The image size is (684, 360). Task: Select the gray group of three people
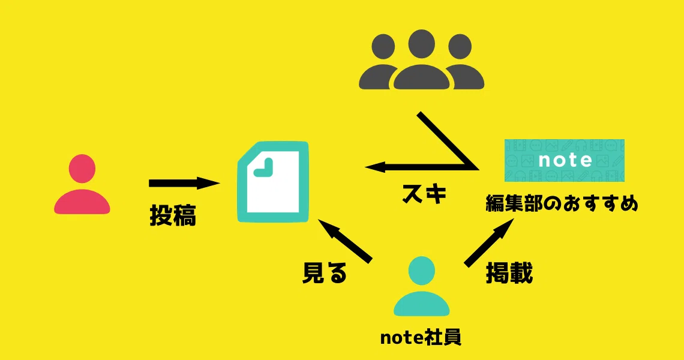pyautogui.click(x=421, y=60)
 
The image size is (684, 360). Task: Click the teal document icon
pyautogui.click(x=273, y=182)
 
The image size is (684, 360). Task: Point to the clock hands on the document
pyautogui.click(x=263, y=168)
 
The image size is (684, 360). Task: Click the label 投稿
pyautogui.click(x=173, y=215)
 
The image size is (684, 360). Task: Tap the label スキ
pyautogui.click(x=424, y=194)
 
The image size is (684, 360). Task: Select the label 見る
pyautogui.click(x=325, y=273)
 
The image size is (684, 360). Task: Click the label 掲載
pyautogui.click(x=509, y=273)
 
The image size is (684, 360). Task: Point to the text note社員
pyautogui.click(x=421, y=337)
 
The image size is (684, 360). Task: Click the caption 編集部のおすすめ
pyautogui.click(x=562, y=204)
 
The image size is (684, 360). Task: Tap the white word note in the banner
pyautogui.click(x=565, y=160)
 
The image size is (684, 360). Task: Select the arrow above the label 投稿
pyautogui.click(x=184, y=183)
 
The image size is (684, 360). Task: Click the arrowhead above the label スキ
pyautogui.click(x=375, y=167)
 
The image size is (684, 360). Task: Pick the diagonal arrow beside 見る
pyautogui.click(x=345, y=240)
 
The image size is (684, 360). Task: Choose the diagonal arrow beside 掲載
pyautogui.click(x=488, y=241)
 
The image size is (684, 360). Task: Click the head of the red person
pyautogui.click(x=82, y=169)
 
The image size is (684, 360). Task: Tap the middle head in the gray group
pyautogui.click(x=421, y=44)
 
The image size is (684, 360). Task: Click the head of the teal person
pyautogui.click(x=421, y=271)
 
